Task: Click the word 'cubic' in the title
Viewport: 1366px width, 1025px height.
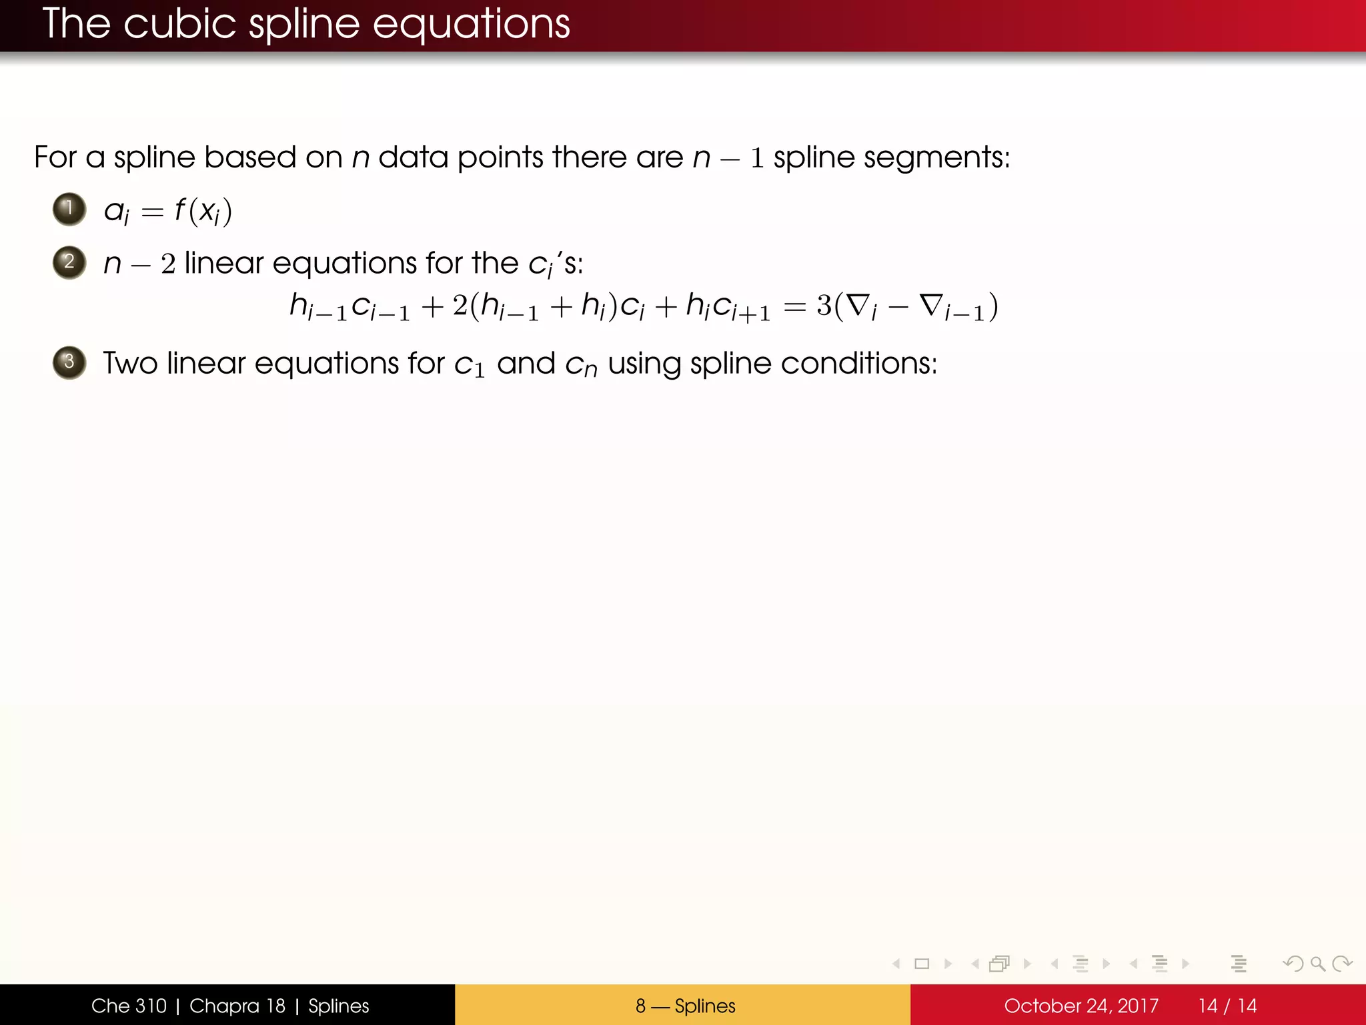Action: (x=179, y=25)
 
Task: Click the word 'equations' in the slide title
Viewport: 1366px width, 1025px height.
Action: (x=471, y=25)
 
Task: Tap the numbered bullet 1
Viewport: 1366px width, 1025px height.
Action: (x=69, y=209)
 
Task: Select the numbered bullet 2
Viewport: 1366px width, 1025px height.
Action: (x=69, y=262)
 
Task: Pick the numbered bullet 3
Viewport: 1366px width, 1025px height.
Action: (x=69, y=362)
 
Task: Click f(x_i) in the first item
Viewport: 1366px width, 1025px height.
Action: (x=203, y=211)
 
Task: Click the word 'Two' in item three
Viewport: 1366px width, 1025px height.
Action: (x=130, y=364)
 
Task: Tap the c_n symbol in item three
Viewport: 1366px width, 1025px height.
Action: (x=581, y=366)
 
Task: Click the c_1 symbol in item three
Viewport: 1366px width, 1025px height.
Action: (x=469, y=366)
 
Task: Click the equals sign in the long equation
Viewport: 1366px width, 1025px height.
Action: (x=794, y=307)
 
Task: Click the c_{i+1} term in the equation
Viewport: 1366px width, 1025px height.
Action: (x=740, y=308)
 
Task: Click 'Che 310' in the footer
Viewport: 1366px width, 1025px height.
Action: (x=129, y=1006)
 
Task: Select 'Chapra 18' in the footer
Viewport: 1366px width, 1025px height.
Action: (x=237, y=1006)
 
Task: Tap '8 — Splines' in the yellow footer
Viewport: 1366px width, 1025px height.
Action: (x=685, y=1006)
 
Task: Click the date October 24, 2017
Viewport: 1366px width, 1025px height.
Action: (x=1081, y=1006)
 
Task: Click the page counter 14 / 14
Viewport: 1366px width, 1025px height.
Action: (x=1227, y=1006)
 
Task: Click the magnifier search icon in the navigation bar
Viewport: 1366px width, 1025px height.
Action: (x=1317, y=964)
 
